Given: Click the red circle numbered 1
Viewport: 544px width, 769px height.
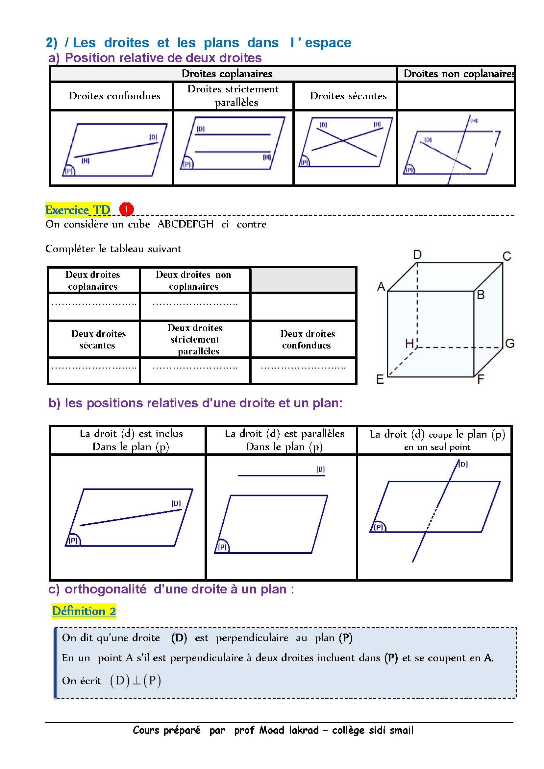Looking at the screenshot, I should pyautogui.click(x=127, y=209).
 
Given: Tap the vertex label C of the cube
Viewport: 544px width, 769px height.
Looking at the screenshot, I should pyautogui.click(x=507, y=256).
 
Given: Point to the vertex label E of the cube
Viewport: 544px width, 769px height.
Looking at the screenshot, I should pyautogui.click(x=380, y=379).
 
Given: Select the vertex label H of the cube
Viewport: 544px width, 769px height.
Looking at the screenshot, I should pyautogui.click(x=409, y=343).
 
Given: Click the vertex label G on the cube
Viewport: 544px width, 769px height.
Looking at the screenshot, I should pyautogui.click(x=509, y=343).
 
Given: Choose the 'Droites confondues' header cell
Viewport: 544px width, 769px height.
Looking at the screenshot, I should pyautogui.click(x=114, y=96).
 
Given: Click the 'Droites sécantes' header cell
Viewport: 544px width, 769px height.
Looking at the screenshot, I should pyautogui.click(x=348, y=96).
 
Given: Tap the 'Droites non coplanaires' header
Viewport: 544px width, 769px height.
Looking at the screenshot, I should pyautogui.click(x=458, y=74).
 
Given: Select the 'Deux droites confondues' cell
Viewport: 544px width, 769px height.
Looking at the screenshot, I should pyautogui.click(x=307, y=339).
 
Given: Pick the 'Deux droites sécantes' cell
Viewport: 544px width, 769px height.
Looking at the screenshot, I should pyautogui.click(x=98, y=339).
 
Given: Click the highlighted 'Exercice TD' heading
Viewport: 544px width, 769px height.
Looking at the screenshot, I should pyautogui.click(x=78, y=210).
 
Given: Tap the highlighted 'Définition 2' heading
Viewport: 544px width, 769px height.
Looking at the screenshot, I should pyautogui.click(x=84, y=611).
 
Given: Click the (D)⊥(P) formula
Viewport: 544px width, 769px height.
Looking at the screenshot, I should pyautogui.click(x=136, y=680).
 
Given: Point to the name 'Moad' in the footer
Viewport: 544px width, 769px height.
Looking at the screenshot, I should pyautogui.click(x=271, y=730).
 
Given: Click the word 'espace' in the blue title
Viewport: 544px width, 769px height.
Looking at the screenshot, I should pyautogui.click(x=328, y=43).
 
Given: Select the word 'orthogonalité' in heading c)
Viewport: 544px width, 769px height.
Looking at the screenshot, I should pyautogui.click(x=106, y=589).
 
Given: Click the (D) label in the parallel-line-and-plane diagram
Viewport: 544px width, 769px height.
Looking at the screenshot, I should pyautogui.click(x=320, y=469).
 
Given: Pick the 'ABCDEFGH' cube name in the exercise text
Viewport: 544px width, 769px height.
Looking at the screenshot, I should pyautogui.click(x=185, y=224).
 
